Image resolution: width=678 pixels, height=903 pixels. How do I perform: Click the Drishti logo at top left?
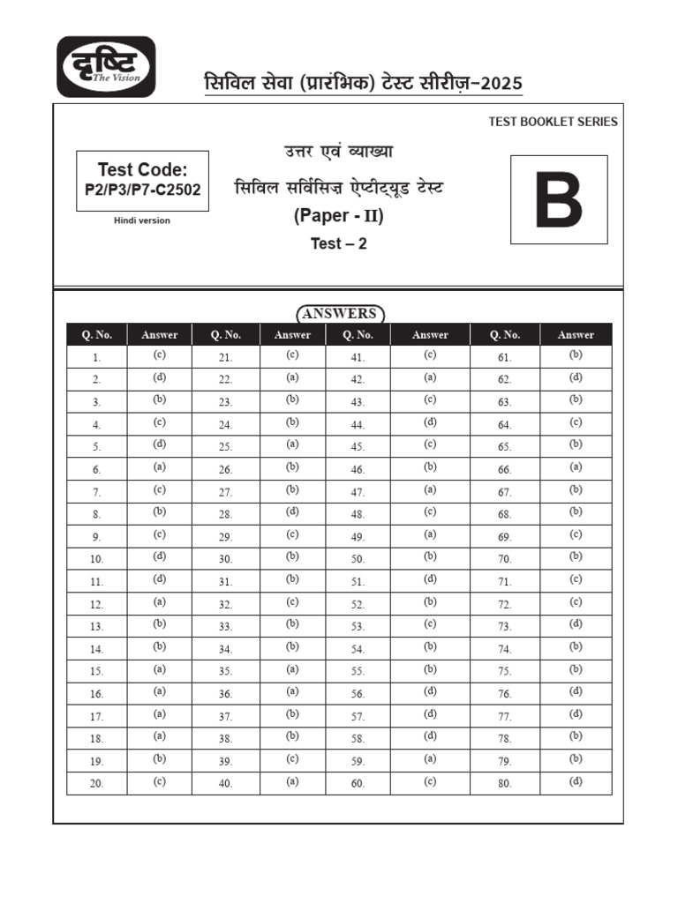pyautogui.click(x=107, y=66)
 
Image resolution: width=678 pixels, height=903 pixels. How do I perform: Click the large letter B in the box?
pyautogui.click(x=559, y=200)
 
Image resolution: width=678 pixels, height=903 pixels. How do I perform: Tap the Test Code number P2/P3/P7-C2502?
pyautogui.click(x=143, y=189)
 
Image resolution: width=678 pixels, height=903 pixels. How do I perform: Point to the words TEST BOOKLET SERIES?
pyautogui.click(x=553, y=122)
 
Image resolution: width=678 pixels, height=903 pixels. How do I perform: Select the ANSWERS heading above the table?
pyautogui.click(x=339, y=314)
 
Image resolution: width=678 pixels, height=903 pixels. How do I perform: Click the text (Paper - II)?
pyautogui.click(x=338, y=217)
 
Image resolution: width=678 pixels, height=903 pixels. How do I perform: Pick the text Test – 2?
pyautogui.click(x=338, y=244)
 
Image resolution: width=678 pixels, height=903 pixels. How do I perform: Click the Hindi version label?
pyautogui.click(x=142, y=220)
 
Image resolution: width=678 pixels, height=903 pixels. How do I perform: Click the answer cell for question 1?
pyautogui.click(x=159, y=356)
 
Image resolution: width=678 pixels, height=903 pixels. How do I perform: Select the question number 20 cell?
pyautogui.click(x=97, y=783)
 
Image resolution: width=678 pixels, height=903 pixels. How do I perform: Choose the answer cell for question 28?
pyautogui.click(x=292, y=512)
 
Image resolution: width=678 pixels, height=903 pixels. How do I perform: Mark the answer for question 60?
pyautogui.click(x=430, y=782)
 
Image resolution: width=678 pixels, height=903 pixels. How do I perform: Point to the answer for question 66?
pyautogui.click(x=576, y=468)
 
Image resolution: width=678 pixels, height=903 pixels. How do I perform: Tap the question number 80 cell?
pyautogui.click(x=505, y=783)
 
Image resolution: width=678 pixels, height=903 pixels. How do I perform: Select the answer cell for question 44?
pyautogui.click(x=430, y=423)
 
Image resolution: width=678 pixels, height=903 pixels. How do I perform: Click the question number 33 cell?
pyautogui.click(x=225, y=627)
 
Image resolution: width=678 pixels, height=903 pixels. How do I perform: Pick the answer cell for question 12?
pyautogui.click(x=159, y=602)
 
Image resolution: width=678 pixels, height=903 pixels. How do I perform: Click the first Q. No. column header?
pyautogui.click(x=97, y=334)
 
